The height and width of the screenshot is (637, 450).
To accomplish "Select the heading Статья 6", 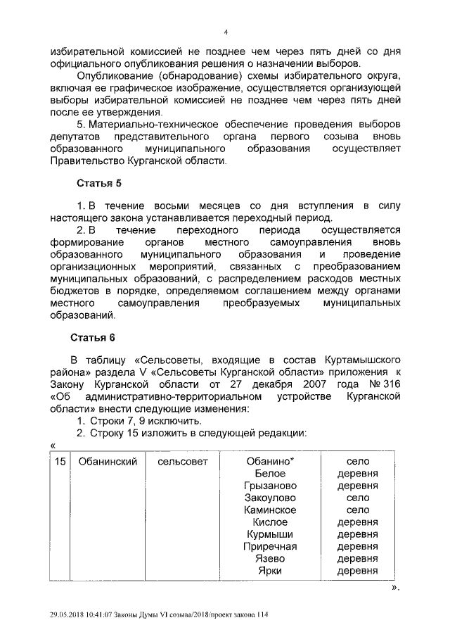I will [x=99, y=337].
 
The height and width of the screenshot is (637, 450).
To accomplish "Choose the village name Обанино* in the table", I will [x=269, y=461].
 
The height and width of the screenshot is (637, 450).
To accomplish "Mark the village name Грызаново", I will [x=271, y=486].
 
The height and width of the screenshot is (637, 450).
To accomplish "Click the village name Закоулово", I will [x=270, y=498].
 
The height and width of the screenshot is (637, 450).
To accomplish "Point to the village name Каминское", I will [x=270, y=510].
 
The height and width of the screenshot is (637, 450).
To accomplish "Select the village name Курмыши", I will [x=270, y=534].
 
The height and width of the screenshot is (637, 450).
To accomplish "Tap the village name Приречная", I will [x=270, y=546].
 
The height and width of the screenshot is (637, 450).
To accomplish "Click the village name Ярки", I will [x=270, y=571].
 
